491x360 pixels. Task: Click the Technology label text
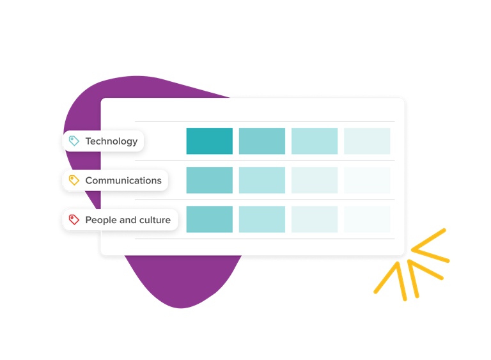click(x=111, y=141)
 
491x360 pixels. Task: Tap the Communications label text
click(x=123, y=180)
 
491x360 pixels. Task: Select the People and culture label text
click(x=128, y=220)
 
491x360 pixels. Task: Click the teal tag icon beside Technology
click(x=74, y=141)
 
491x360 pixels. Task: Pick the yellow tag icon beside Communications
click(x=74, y=180)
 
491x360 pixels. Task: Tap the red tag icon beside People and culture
click(x=74, y=219)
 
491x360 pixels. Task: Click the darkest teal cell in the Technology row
click(x=210, y=141)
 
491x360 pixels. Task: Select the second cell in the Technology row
click(x=262, y=141)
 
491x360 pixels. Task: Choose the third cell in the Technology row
click(x=315, y=141)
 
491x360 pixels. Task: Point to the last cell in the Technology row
click(x=367, y=141)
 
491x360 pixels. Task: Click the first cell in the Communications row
click(x=210, y=180)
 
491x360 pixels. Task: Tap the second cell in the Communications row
click(x=262, y=180)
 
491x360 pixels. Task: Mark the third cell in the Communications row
click(x=315, y=180)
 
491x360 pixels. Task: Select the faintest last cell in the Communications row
click(x=367, y=180)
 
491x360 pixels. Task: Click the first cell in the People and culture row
click(x=210, y=219)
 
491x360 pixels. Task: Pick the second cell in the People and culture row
click(x=262, y=219)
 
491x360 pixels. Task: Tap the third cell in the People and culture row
click(x=315, y=219)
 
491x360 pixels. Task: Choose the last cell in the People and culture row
click(x=367, y=219)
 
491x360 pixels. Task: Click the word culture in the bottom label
click(x=155, y=220)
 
